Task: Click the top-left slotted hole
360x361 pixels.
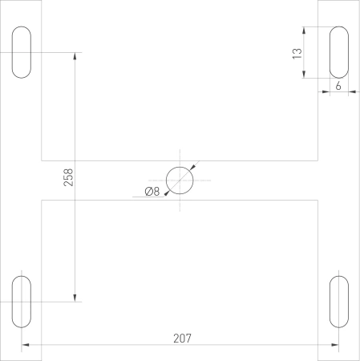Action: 22,53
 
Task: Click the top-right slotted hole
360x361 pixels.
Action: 340,53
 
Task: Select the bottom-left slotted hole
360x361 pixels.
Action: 22,302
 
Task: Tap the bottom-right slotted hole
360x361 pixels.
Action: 340,302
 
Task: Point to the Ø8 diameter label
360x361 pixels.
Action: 152,191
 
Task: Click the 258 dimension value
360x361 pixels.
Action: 69,177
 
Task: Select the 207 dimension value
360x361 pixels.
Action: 182,338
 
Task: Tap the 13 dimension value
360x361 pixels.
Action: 297,53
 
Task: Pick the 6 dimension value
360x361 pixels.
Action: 339,84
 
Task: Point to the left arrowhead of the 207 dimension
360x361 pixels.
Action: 26,346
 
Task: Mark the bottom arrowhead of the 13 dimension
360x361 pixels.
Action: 305,74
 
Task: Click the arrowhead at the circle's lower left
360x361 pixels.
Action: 167,193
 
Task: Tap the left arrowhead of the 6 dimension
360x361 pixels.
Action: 326,92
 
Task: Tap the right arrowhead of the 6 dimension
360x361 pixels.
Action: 354,92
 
